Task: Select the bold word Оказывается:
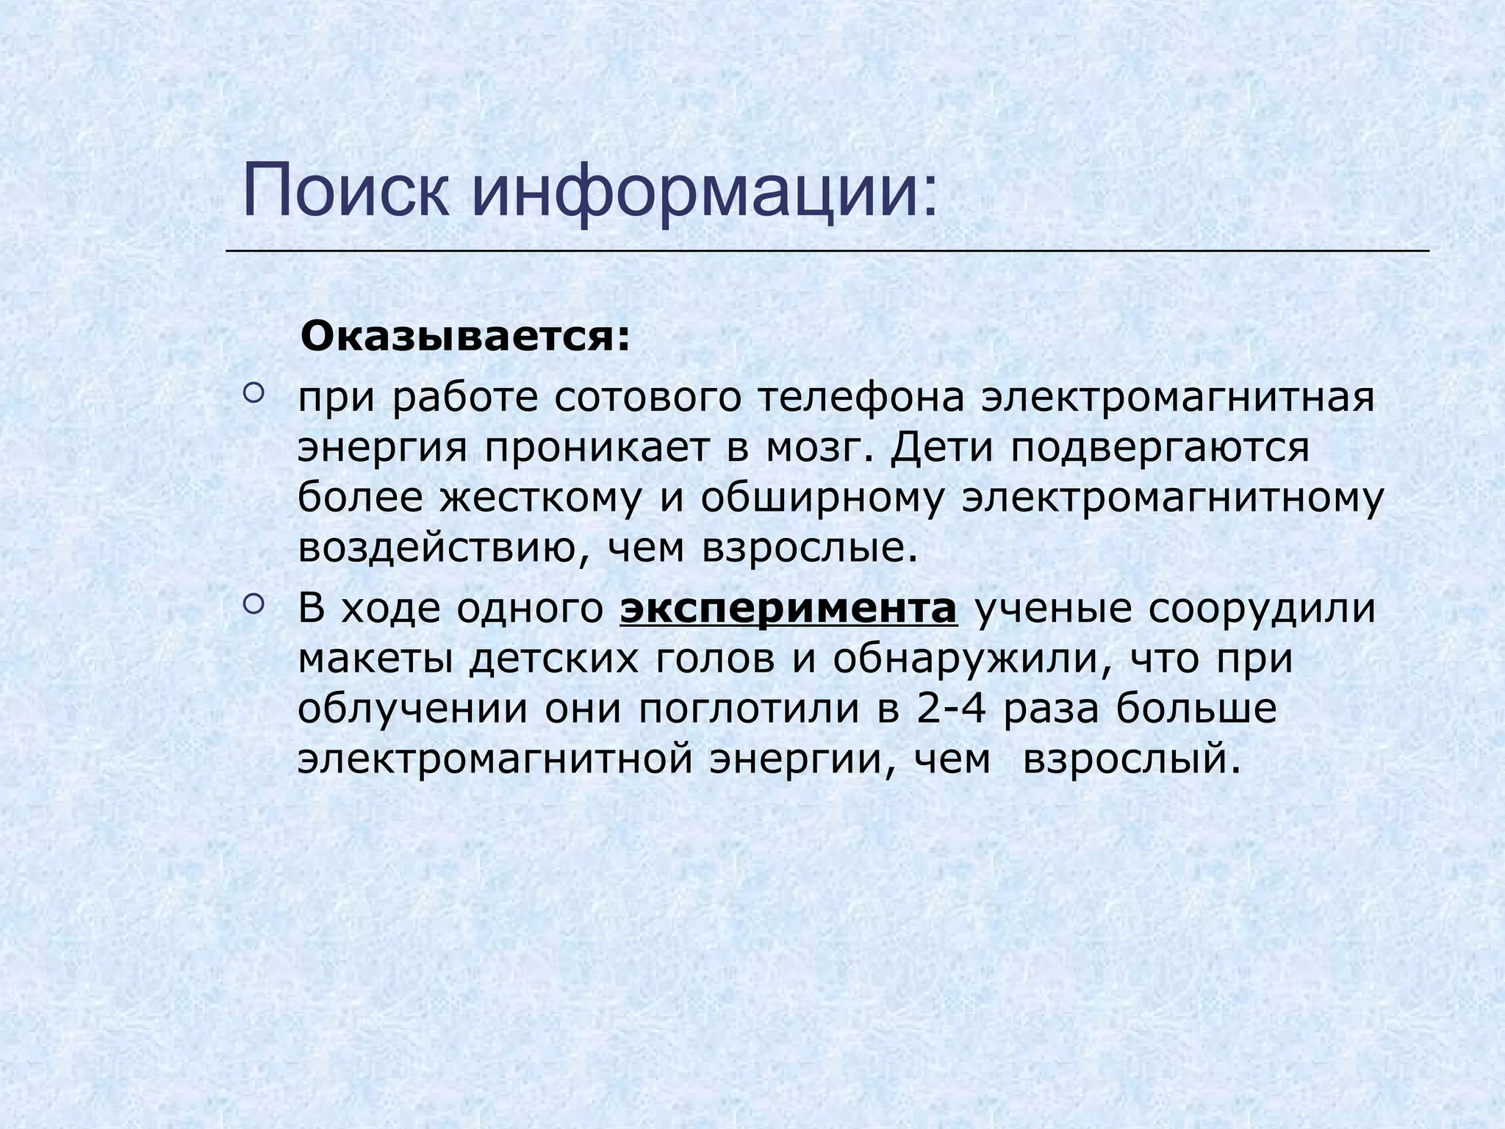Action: click(x=466, y=338)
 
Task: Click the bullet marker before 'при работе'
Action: click(x=251, y=395)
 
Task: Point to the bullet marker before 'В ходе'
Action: click(x=251, y=605)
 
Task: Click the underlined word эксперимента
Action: click(x=789, y=609)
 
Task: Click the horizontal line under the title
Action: click(x=827, y=251)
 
